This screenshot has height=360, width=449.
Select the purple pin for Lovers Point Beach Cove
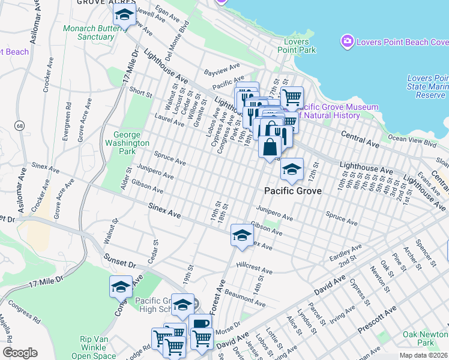pyautogui.click(x=347, y=41)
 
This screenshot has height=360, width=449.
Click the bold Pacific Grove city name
pyautogui.click(x=293, y=191)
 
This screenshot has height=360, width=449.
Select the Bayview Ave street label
pyautogui.click(x=221, y=69)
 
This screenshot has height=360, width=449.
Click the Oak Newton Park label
pyautogui.click(x=426, y=338)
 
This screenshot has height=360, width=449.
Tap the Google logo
pyautogui.click(x=19, y=353)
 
